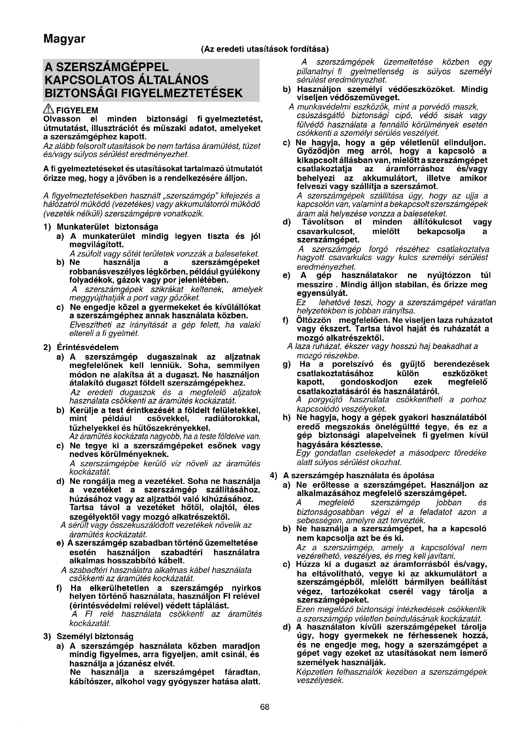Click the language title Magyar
(x=64, y=39)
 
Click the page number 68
(x=265, y=707)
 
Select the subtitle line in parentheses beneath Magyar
(x=265, y=49)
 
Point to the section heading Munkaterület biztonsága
(x=107, y=227)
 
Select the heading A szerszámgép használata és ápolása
(x=363, y=475)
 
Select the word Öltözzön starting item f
(x=314, y=320)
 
